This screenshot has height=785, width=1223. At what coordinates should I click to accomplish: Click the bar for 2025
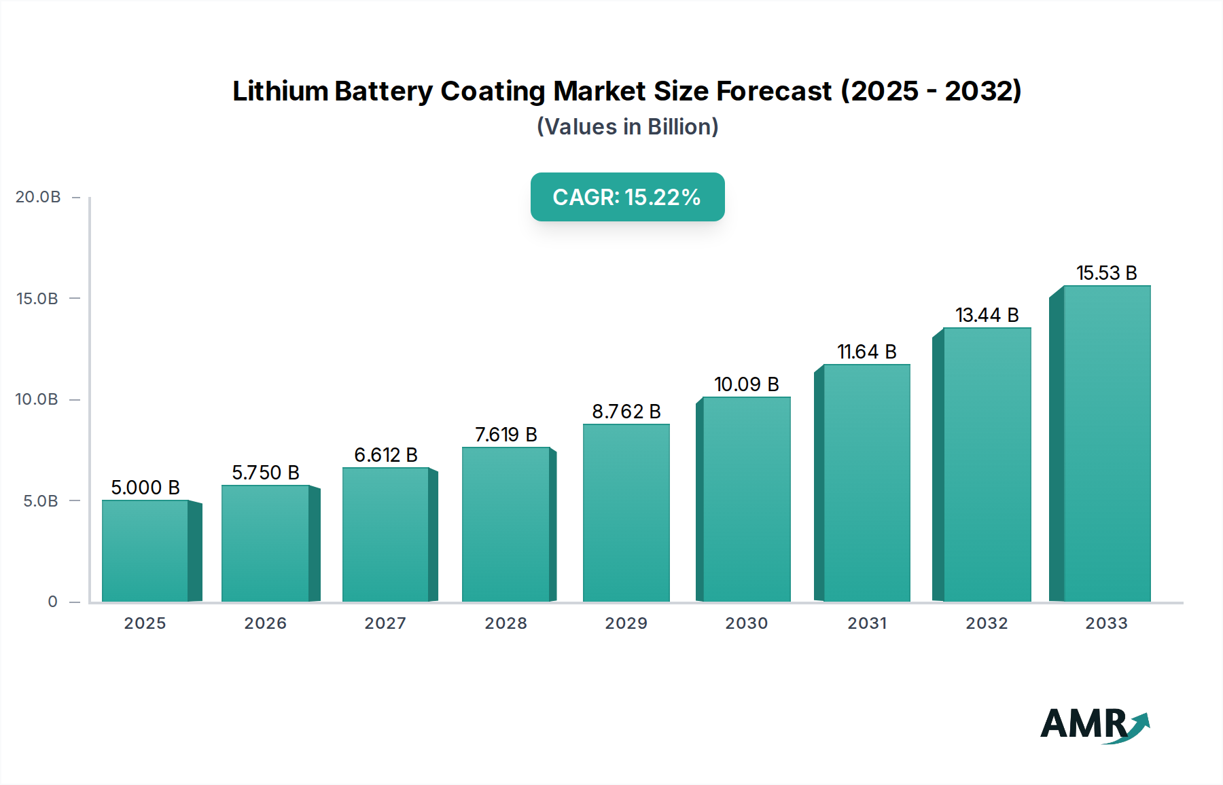click(x=145, y=551)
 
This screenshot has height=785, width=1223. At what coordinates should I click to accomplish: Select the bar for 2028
click(x=506, y=524)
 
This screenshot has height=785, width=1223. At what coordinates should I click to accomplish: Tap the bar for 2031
click(x=866, y=483)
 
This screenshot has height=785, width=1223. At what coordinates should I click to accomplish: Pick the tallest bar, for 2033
click(x=1106, y=443)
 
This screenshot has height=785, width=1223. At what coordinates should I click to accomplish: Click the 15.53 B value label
click(x=1106, y=273)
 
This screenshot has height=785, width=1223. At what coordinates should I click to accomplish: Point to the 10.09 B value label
click(x=746, y=384)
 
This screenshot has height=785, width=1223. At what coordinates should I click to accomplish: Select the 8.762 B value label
click(x=626, y=412)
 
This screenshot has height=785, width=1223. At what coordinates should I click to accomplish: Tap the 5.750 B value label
click(x=265, y=473)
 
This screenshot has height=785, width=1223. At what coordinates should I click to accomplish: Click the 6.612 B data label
click(x=385, y=455)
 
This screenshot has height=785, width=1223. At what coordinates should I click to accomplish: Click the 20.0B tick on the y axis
click(x=38, y=197)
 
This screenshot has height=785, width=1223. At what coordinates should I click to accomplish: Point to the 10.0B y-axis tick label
click(x=37, y=399)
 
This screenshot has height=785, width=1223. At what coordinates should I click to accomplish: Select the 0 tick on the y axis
click(x=52, y=602)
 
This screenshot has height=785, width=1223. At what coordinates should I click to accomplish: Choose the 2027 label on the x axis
click(x=385, y=623)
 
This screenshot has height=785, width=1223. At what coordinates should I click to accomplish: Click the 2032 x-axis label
click(x=987, y=623)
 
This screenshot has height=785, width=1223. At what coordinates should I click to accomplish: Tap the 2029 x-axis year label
click(x=626, y=623)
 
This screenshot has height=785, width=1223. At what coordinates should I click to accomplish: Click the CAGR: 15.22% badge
click(x=627, y=197)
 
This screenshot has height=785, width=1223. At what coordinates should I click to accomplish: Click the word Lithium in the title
click(x=280, y=91)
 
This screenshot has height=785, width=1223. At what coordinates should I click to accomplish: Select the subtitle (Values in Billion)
click(x=627, y=127)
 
